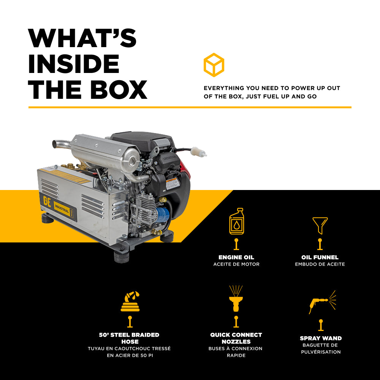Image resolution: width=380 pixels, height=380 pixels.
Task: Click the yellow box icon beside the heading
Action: pos(214,65)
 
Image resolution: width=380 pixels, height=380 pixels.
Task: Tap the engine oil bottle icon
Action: pos(236,221)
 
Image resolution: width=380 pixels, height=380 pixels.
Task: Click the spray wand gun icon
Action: pos(321,302)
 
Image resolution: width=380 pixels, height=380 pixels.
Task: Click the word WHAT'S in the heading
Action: pos(82,38)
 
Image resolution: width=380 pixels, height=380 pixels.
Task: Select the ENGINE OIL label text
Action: pos(236,257)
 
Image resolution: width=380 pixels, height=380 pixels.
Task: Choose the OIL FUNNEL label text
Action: pos(320,257)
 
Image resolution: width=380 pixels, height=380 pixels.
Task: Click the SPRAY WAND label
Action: pos(321,338)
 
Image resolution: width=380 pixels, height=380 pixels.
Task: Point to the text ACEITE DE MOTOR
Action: pos(236,264)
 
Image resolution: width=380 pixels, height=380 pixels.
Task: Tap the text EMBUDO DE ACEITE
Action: pos(320,264)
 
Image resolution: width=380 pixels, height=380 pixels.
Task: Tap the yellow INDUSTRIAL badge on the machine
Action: pos(62,209)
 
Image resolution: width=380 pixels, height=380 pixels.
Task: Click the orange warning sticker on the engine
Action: pos(173,184)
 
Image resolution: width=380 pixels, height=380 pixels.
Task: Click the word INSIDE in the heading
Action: pos(74,63)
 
